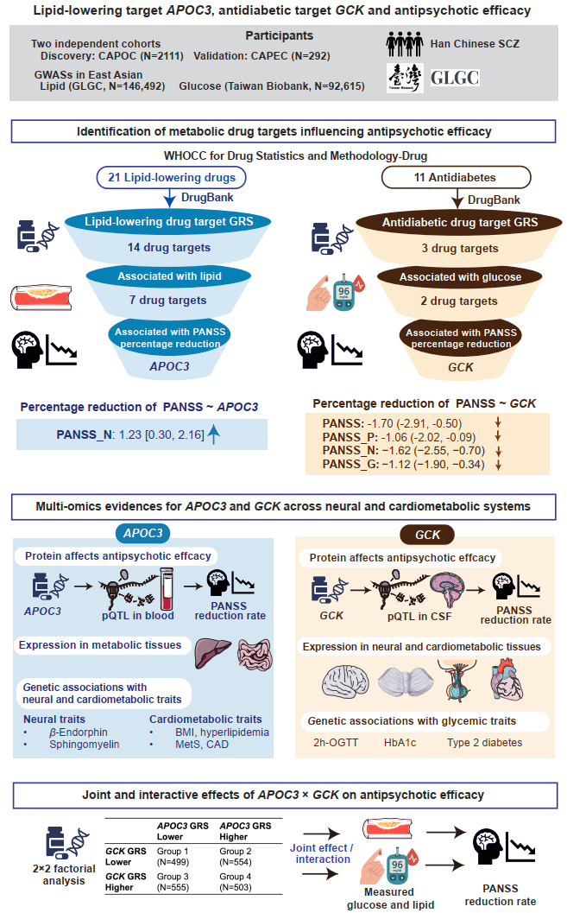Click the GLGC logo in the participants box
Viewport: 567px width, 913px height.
455,78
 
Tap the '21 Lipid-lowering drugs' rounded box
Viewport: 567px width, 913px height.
172,178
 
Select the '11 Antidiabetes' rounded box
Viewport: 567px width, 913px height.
456,178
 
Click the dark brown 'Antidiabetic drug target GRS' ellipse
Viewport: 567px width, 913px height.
459,223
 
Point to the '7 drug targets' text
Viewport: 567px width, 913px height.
168,300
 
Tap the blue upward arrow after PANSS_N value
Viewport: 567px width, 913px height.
213,434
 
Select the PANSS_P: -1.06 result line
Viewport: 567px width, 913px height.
400,437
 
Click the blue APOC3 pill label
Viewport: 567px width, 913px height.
143,533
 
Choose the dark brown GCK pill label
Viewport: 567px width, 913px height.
427,535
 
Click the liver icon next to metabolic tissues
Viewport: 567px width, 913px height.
211,653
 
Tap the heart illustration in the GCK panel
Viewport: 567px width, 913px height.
507,679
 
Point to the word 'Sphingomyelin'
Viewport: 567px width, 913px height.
85,745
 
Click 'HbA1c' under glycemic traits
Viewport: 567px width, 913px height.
400,742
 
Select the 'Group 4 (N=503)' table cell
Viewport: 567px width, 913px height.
236,882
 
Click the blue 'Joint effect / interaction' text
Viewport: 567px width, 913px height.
322,853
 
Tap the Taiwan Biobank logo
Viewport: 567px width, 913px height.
405,78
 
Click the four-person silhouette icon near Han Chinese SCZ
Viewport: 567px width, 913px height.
405,44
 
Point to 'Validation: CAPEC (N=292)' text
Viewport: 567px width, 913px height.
261,56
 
